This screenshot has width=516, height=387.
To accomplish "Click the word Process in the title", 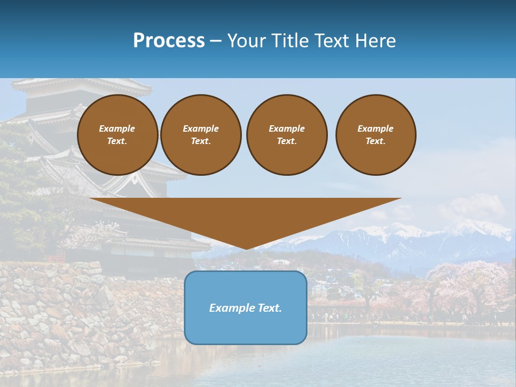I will pos(169,41).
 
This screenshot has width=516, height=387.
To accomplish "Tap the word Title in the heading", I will pos(289,41).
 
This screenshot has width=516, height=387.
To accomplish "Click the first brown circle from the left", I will pos(118,135).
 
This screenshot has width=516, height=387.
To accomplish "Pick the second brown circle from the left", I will pos(201,135).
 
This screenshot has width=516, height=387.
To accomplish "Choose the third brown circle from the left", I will pos(287,135).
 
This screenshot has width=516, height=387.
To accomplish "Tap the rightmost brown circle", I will pos(376,135).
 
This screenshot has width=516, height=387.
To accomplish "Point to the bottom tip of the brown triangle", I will pos(246,248).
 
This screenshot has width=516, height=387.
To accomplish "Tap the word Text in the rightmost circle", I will pos(375,141).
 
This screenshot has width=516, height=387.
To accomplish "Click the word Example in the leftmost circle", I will pos(117,128).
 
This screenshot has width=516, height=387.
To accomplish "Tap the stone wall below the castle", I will pos(81,312).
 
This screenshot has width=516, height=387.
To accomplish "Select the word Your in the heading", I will pos(246,41).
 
